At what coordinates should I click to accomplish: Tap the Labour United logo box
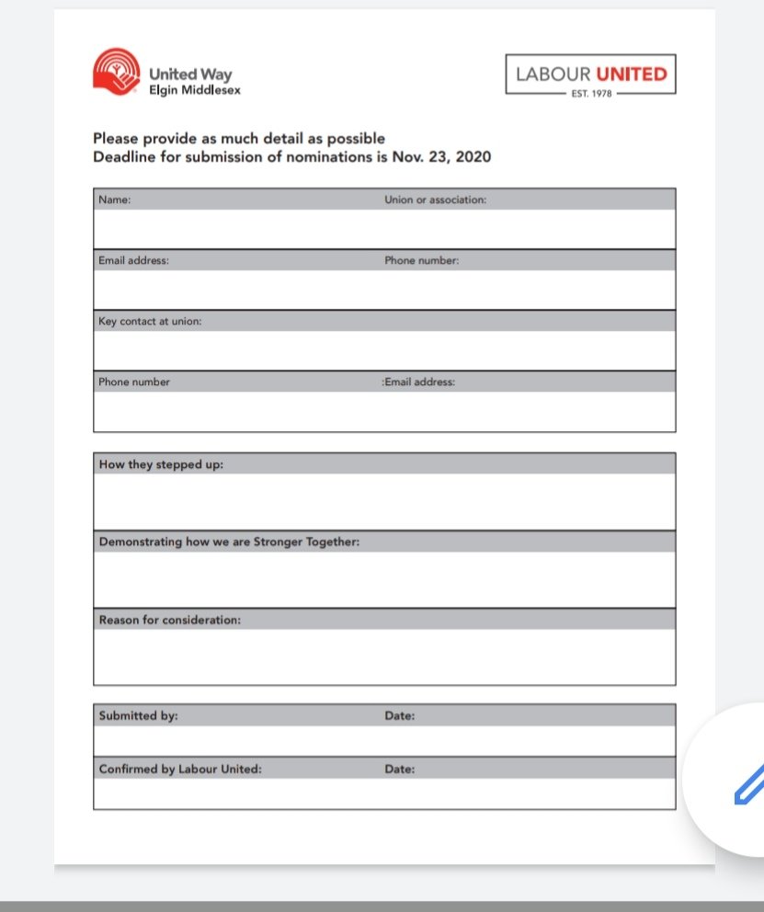pos(590,74)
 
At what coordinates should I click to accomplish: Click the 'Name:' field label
pos(115,199)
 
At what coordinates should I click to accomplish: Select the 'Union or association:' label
pos(435,199)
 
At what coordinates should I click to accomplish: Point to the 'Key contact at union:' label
pos(150,321)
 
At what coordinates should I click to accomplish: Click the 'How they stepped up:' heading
pos(161,464)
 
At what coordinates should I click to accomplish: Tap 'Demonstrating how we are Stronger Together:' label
pos(229,541)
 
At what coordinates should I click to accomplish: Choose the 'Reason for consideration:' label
pos(169,620)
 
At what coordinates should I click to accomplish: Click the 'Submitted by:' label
pos(138,715)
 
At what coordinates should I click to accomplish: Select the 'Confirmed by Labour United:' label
pos(180,769)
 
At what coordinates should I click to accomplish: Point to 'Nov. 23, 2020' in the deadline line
pos(442,156)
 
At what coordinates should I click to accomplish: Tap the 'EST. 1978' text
pos(590,93)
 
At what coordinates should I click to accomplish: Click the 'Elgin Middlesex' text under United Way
pos(195,90)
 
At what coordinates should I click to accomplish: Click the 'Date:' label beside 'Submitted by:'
pos(399,715)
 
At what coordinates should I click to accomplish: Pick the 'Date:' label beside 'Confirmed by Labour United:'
pos(399,769)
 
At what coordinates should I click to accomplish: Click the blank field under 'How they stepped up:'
pos(384,502)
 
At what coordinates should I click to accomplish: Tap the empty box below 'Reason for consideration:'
pos(384,656)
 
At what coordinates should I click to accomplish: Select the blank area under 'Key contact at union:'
pos(384,350)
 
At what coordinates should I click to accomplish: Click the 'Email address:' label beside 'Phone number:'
pos(419,382)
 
